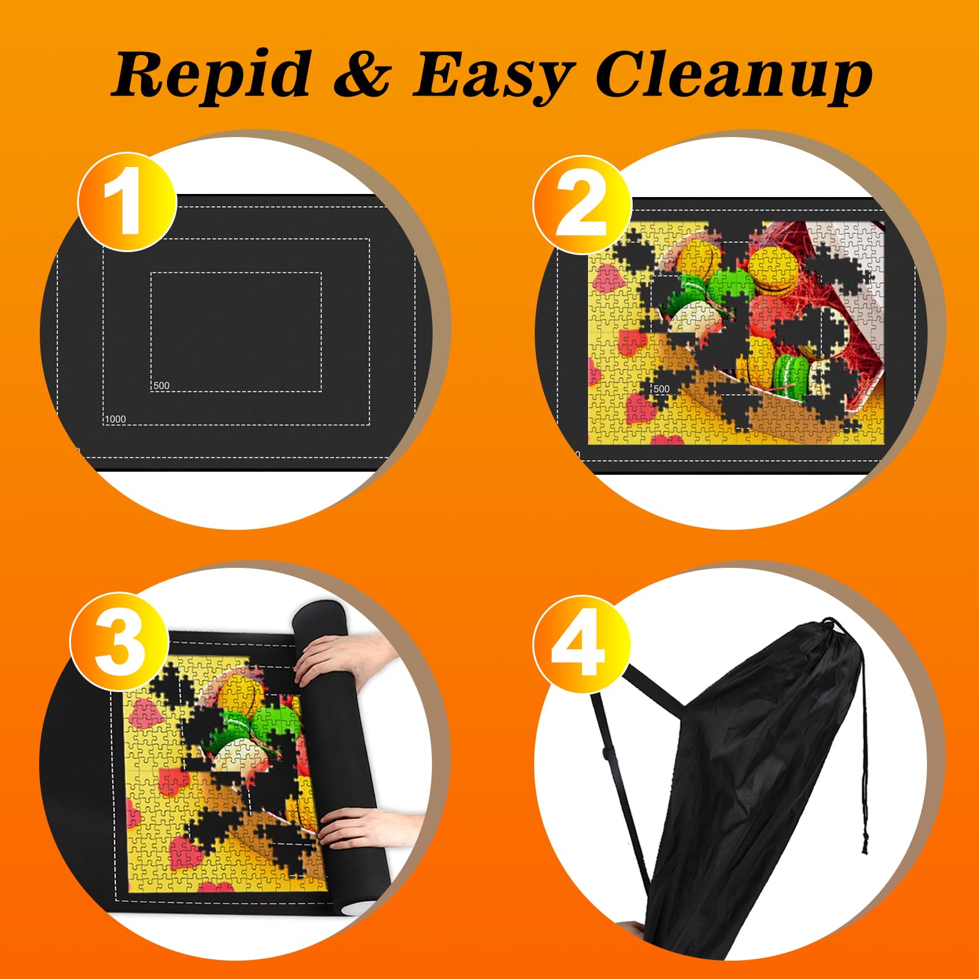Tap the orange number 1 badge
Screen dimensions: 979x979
point(127,202)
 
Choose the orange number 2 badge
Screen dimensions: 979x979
point(582,205)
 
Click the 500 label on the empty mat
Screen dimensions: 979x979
point(162,385)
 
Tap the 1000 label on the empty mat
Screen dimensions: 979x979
point(116,419)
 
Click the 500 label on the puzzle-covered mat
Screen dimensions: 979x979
point(661,389)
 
